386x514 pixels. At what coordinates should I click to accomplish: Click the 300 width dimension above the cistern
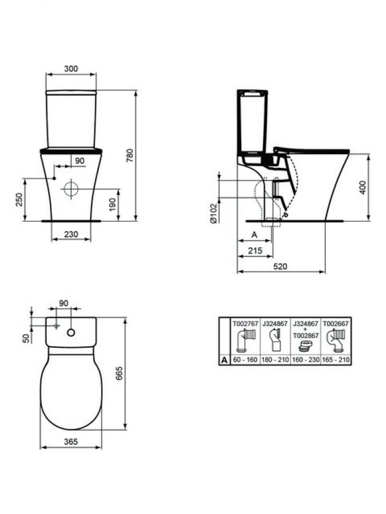pyautogui.click(x=71, y=69)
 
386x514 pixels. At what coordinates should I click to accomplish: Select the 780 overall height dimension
pyautogui.click(x=130, y=155)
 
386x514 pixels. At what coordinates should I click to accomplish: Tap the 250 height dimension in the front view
pyautogui.click(x=19, y=200)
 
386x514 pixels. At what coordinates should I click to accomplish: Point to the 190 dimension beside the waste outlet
pyautogui.click(x=112, y=204)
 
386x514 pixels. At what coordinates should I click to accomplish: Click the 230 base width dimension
pyautogui.click(x=71, y=234)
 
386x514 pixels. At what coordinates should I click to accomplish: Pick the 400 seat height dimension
pyautogui.click(x=363, y=187)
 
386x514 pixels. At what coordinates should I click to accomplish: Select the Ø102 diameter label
pyautogui.click(x=213, y=213)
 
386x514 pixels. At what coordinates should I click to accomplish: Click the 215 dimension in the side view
pyautogui.click(x=255, y=251)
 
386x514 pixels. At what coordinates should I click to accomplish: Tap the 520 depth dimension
pyautogui.click(x=280, y=267)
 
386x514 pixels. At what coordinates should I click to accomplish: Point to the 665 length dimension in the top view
pyautogui.click(x=120, y=373)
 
